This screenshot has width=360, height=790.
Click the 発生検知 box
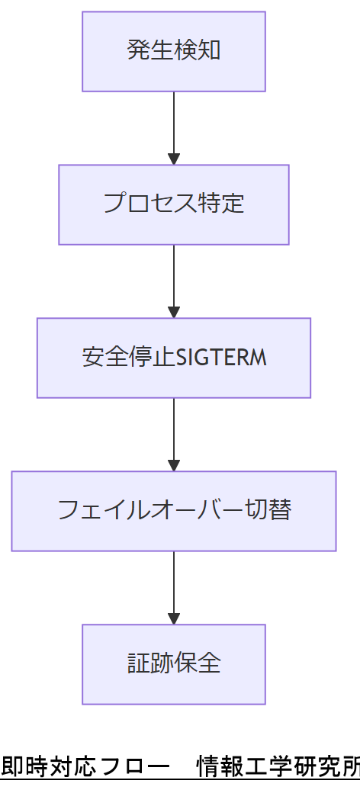point(174,51)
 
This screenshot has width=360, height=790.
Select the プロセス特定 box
point(174,204)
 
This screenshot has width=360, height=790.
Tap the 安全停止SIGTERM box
point(174,358)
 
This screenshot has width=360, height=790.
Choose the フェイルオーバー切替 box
point(174,511)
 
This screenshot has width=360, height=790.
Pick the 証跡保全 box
point(174,664)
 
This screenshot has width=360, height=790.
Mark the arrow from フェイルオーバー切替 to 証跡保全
point(174,583)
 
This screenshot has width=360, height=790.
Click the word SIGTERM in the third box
point(221,358)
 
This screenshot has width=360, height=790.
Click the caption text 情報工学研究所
point(278,766)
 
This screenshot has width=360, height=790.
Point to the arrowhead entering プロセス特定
point(174,159)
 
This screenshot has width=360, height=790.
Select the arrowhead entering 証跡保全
point(174,618)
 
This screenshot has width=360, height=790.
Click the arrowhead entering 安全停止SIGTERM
point(174,313)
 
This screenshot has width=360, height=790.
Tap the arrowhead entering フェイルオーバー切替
point(174,465)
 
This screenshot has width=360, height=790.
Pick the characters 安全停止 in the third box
point(128,358)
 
